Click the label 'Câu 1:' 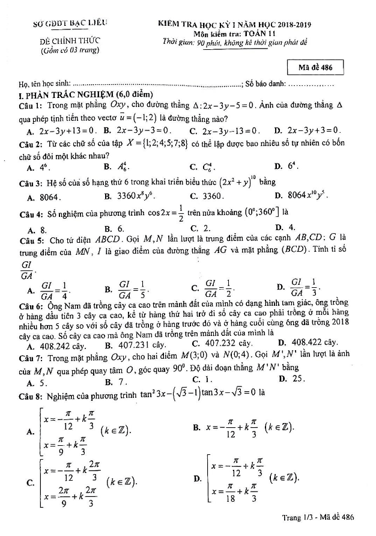click(30, 105)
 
